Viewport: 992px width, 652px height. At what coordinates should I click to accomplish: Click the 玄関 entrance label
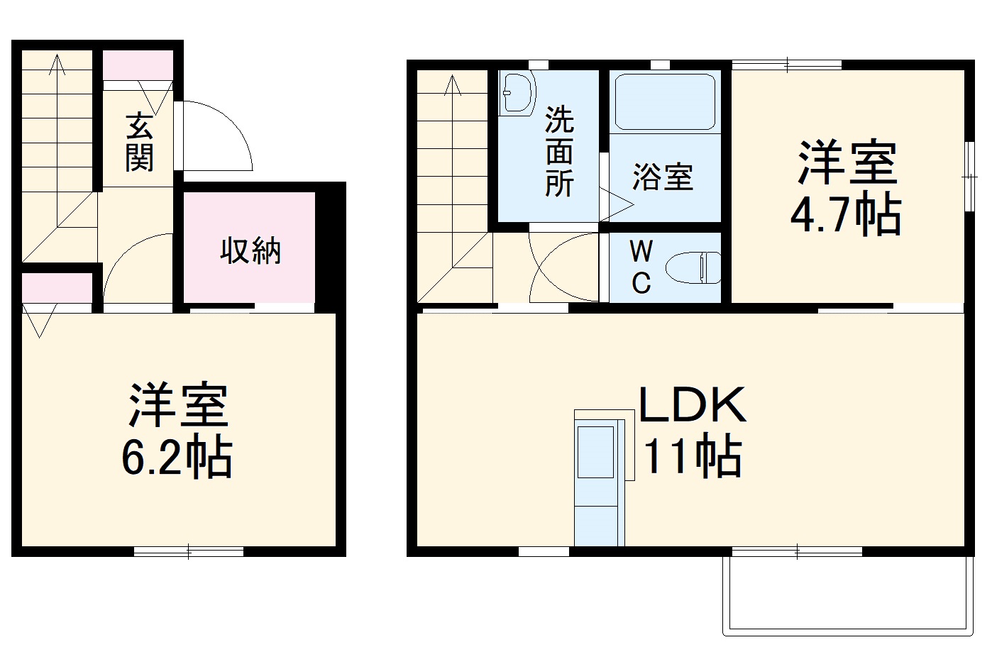click(x=139, y=142)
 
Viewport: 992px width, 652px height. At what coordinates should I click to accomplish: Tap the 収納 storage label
click(x=250, y=250)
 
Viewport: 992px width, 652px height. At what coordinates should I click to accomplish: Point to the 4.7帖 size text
click(x=846, y=216)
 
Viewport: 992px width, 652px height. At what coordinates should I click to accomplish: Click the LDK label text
click(x=692, y=406)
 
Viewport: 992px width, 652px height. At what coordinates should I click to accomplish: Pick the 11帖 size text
click(x=692, y=456)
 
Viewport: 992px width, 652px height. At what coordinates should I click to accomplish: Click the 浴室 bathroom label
click(x=662, y=177)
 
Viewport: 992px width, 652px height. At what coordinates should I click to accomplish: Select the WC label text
click(x=641, y=267)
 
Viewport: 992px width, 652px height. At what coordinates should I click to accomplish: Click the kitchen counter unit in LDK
click(x=598, y=482)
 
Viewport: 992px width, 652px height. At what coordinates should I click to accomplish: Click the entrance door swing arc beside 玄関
click(x=220, y=138)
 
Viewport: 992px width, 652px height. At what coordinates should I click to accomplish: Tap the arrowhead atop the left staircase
click(x=57, y=65)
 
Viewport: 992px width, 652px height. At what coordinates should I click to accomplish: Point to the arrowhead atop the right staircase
click(x=453, y=85)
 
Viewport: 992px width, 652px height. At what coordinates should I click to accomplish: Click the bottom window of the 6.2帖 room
click(x=189, y=551)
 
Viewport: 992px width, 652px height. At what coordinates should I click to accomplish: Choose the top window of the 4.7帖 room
click(x=787, y=65)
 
